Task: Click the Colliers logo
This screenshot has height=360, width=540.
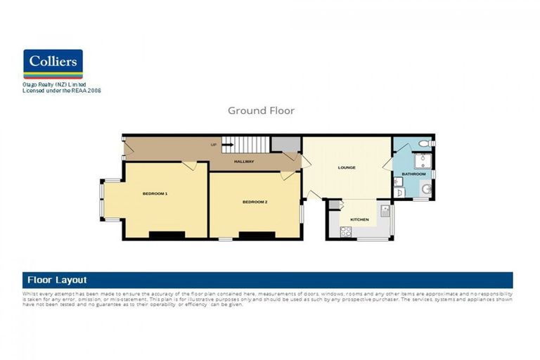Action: [53, 63]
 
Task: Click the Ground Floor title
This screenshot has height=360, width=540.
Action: [261, 110]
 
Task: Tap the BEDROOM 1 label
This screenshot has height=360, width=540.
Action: [155, 193]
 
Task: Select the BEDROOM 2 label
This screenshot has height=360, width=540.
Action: [255, 202]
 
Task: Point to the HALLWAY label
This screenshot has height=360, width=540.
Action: [244, 162]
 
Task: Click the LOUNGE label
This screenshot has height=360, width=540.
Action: [346, 167]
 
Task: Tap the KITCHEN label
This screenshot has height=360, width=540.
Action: [359, 219]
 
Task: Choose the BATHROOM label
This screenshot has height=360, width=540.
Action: [413, 174]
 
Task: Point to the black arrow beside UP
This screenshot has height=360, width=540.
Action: [227, 145]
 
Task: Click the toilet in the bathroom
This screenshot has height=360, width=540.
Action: [423, 144]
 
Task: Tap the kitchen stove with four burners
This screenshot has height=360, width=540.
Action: [346, 232]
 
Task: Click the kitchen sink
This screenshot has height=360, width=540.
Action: [384, 211]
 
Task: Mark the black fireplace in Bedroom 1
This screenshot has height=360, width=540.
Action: [167, 234]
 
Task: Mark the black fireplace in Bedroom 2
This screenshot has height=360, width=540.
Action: [256, 234]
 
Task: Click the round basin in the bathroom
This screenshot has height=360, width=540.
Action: [425, 188]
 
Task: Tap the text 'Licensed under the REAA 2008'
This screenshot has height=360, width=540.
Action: [62, 91]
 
